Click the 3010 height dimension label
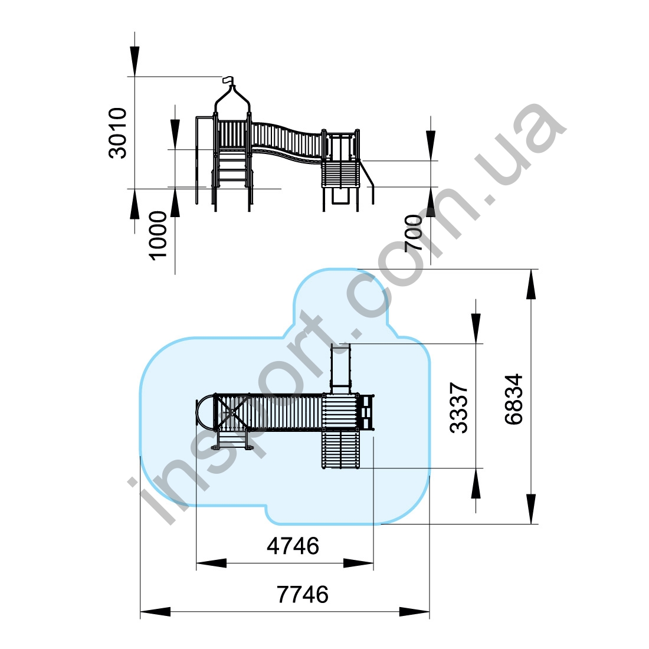tap(117, 133)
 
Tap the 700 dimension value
tap(414, 233)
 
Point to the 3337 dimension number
tap(458, 408)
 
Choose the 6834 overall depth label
tap(514, 399)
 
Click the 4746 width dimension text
tap(293, 546)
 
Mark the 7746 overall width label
tap(303, 594)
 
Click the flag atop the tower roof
tap(228, 80)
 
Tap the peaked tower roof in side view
tap(232, 98)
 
